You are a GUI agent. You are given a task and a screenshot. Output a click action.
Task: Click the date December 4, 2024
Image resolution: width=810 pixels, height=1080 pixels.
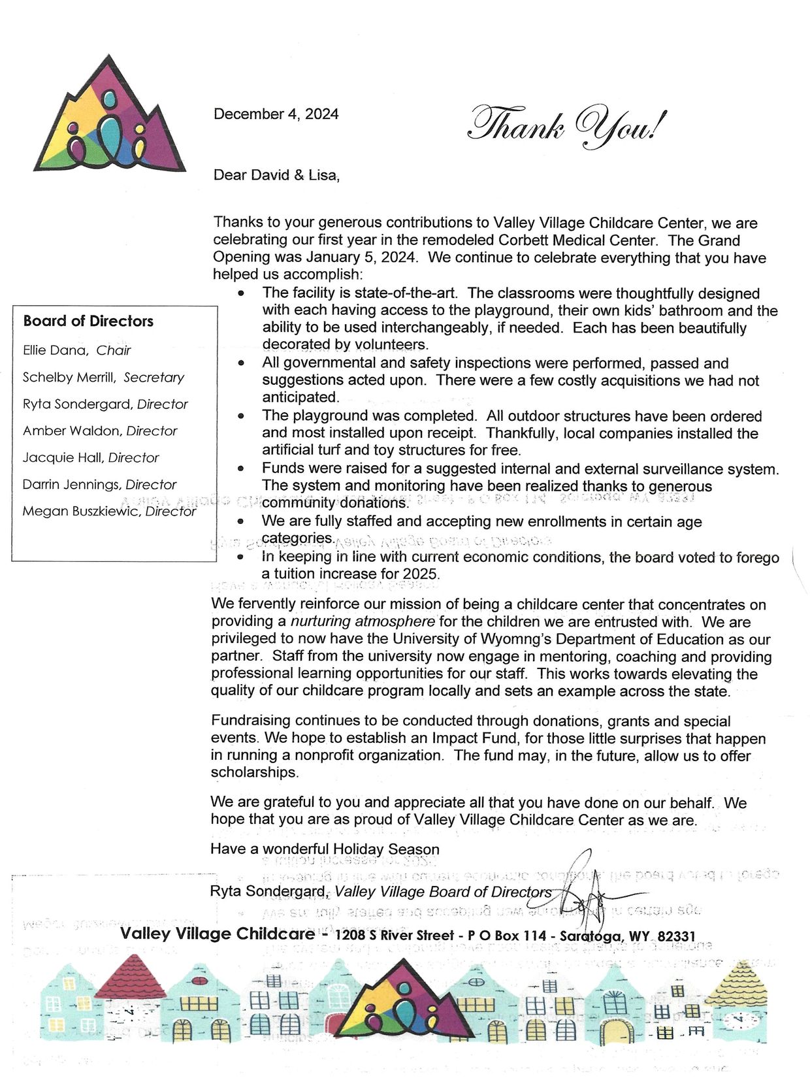[x=276, y=114]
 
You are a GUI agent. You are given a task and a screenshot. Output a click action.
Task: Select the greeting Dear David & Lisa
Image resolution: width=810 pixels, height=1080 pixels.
[x=276, y=175]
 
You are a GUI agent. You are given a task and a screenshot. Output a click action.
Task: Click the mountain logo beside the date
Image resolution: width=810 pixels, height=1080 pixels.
[x=109, y=118]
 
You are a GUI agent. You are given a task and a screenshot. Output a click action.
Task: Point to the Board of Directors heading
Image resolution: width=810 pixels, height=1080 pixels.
[x=88, y=321]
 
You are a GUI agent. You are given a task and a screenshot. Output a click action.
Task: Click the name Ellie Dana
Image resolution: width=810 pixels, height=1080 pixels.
[x=55, y=350]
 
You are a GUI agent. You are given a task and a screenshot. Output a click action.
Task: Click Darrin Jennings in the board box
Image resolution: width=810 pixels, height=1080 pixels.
[x=71, y=484]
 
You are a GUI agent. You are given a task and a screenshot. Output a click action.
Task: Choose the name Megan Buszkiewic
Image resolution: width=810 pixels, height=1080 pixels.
[x=81, y=511]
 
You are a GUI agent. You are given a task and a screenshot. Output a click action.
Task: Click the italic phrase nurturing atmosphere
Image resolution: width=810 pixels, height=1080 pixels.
[x=363, y=621]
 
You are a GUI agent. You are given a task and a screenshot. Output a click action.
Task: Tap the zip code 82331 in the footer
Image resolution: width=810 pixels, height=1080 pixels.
[x=676, y=936]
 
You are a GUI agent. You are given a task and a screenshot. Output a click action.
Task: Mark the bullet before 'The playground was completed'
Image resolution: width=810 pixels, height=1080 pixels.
[x=242, y=416]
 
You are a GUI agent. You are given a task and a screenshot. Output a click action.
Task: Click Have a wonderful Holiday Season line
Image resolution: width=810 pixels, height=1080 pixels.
[x=325, y=849]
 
